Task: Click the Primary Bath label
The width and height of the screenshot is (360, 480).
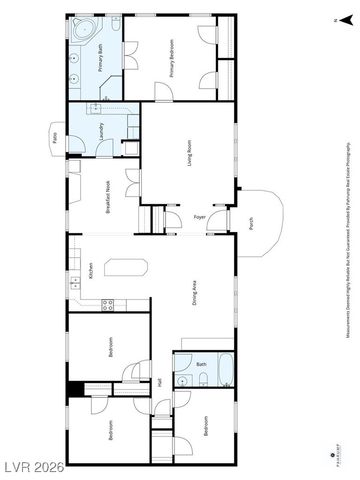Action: [x=102, y=59]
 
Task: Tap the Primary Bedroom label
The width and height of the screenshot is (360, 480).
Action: [x=171, y=59]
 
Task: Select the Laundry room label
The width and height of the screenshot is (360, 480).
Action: [x=102, y=129]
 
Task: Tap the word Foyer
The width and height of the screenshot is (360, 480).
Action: [x=199, y=217]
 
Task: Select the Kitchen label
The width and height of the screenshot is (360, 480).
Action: [x=91, y=270]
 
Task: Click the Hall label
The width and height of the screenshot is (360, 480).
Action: [x=160, y=381]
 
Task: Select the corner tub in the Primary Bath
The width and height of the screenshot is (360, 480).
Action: [x=81, y=29]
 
